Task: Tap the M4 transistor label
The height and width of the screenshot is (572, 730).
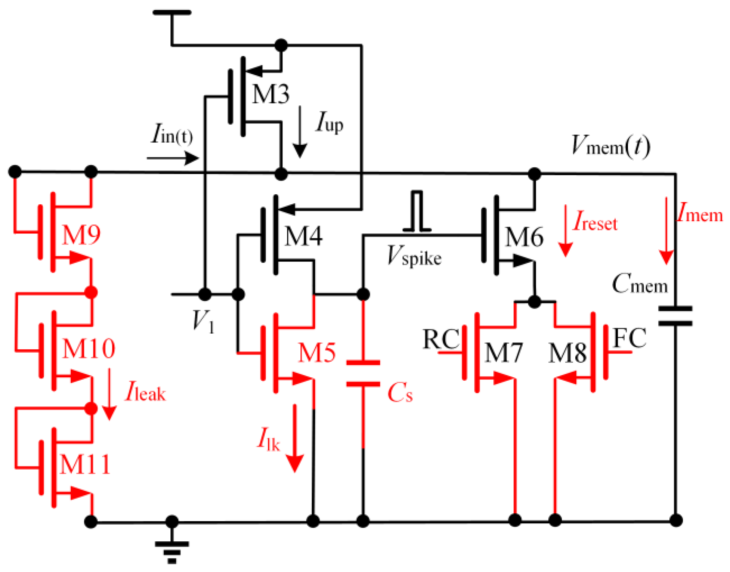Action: click(303, 236)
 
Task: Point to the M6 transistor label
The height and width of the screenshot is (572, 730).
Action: click(524, 237)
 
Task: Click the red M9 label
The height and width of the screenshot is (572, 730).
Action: click(81, 235)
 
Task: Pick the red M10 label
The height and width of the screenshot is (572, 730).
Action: click(88, 349)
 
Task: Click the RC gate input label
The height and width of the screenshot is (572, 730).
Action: click(441, 339)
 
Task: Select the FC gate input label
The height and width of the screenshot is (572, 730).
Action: click(630, 338)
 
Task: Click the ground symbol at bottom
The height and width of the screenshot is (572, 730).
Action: click(172, 551)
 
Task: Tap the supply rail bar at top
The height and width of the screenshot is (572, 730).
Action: click(172, 12)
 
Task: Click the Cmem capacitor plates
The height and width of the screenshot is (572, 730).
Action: click(675, 316)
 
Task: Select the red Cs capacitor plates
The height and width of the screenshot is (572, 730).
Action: click(363, 373)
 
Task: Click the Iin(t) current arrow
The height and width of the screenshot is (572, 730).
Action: click(173, 158)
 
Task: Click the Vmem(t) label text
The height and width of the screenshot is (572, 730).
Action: click(610, 146)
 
